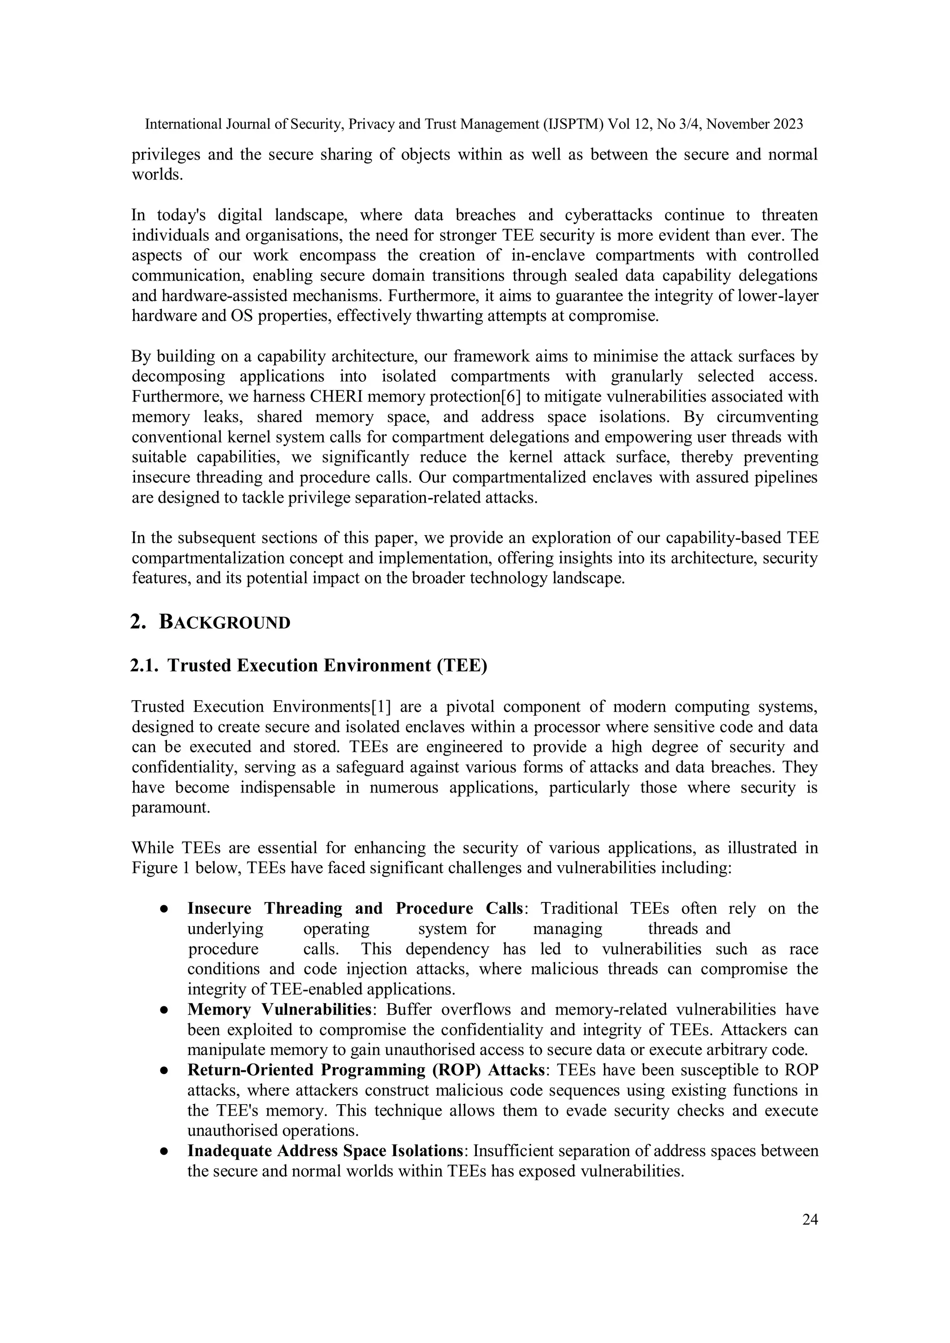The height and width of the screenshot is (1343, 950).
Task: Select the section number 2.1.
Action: (x=144, y=665)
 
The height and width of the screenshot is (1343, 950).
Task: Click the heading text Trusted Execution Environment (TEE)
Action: (x=327, y=665)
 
